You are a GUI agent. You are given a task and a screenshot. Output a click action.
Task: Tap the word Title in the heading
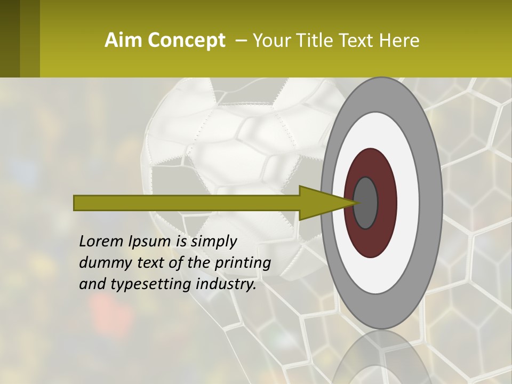click(324, 41)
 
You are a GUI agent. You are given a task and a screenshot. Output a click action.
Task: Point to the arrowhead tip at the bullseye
click(356, 203)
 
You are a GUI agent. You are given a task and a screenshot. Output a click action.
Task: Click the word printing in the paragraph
click(243, 263)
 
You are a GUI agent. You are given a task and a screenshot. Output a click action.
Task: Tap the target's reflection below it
click(381, 357)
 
